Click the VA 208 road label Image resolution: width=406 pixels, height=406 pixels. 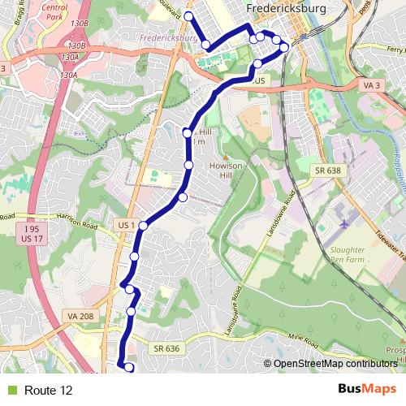tap(82, 316)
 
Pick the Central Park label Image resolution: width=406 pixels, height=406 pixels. tap(56, 11)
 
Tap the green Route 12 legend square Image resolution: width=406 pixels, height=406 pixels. tap(11, 391)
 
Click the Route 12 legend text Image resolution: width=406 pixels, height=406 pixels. tap(48, 391)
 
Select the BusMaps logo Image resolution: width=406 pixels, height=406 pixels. tap(367, 390)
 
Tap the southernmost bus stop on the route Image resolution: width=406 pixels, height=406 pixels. tap(128, 368)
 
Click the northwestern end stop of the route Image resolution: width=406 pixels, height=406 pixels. tap(188, 16)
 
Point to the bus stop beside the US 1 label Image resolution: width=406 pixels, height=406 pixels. tap(143, 226)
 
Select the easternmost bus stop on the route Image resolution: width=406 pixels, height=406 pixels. tap(284, 47)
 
